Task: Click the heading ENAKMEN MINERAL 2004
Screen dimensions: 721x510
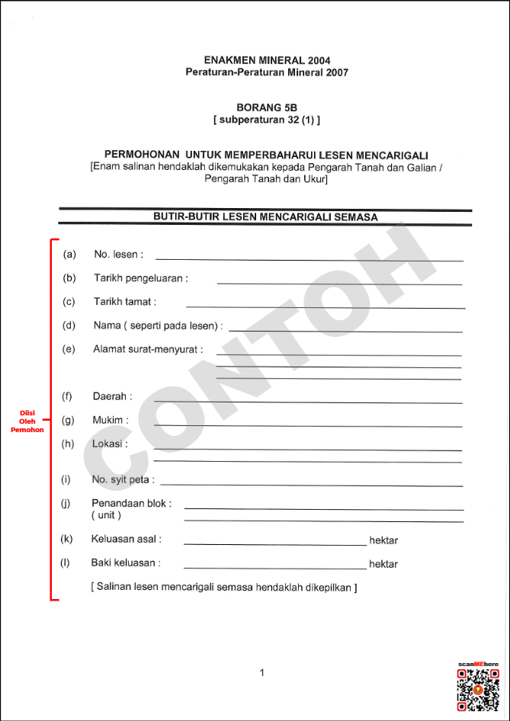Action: [267, 60]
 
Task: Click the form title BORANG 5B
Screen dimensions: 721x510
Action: [266, 107]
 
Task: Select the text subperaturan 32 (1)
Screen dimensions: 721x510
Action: [266, 120]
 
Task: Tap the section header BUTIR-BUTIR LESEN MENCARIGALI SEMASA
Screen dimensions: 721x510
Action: [265, 217]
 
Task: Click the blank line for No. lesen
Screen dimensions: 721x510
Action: [309, 259]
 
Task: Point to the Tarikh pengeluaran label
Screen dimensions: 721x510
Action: [140, 278]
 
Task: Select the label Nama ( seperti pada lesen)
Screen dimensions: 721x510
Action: [158, 325]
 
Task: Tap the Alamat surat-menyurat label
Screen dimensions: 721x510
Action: [148, 349]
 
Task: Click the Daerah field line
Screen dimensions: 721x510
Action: [308, 401]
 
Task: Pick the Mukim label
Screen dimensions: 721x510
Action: [111, 420]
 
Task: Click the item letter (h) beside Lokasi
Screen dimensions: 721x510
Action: [68, 444]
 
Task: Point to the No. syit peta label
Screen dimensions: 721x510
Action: [123, 479]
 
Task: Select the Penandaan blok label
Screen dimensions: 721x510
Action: [131, 503]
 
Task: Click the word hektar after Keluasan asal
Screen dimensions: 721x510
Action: [383, 540]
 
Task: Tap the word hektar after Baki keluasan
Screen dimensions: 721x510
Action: [383, 565]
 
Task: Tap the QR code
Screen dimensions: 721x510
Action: [477, 689]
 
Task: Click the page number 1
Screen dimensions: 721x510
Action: [261, 672]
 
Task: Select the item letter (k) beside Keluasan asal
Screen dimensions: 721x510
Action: [67, 539]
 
